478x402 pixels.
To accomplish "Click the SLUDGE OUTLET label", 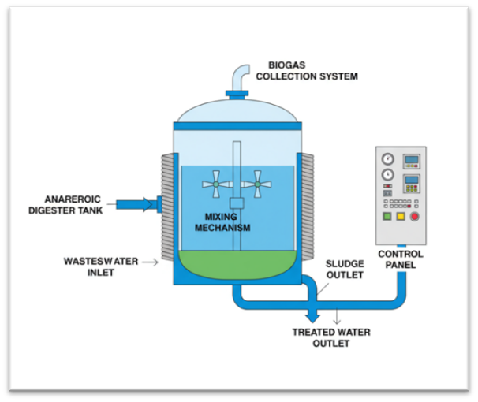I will (x=344, y=270).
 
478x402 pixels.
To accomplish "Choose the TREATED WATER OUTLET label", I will (x=331, y=337).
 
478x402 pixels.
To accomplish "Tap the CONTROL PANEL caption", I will (x=401, y=260).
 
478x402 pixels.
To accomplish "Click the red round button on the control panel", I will (x=414, y=216).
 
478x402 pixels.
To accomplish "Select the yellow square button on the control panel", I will (x=401, y=216).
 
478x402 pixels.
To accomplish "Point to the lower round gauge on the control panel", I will (x=387, y=175).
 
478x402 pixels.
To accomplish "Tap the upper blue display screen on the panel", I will (x=412, y=161).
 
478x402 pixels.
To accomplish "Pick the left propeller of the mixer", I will (x=215, y=185).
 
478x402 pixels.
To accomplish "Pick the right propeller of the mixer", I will (x=256, y=185).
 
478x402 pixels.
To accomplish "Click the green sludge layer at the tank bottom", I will (x=237, y=264).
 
